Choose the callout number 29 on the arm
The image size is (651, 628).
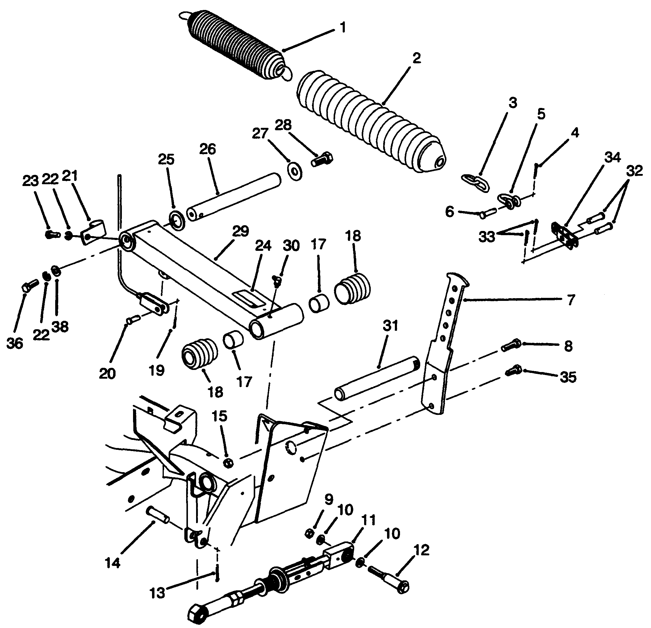pyautogui.click(x=240, y=231)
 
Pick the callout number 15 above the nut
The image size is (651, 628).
pyautogui.click(x=219, y=416)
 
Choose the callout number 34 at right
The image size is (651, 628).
pyautogui.click(x=612, y=157)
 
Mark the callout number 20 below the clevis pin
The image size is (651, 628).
pyautogui.click(x=107, y=374)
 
